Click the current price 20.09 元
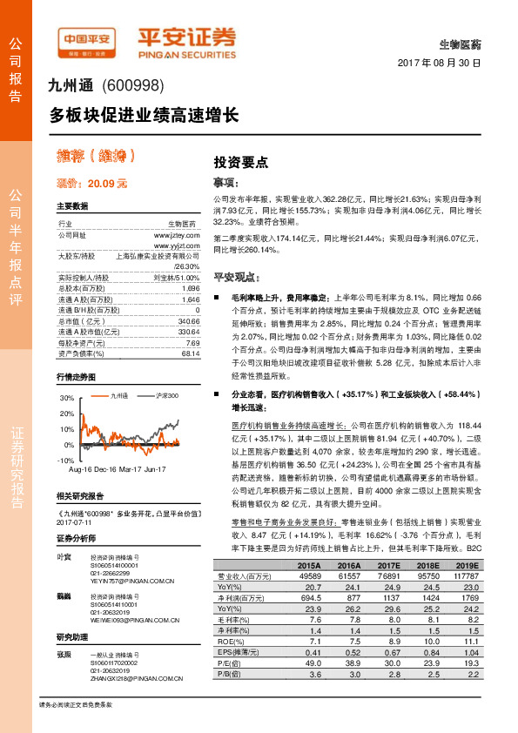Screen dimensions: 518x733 point(91,184)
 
